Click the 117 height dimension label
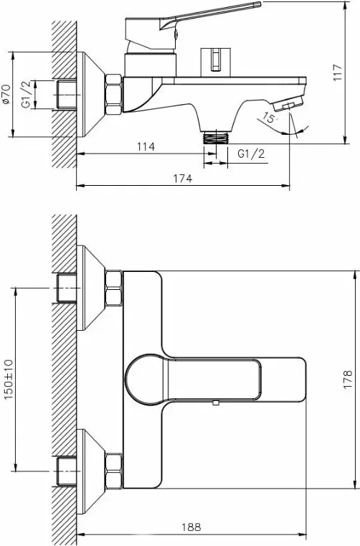(337, 72)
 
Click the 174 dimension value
(183, 179)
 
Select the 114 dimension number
(146, 146)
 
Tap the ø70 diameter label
(6, 94)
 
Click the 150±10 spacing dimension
(9, 380)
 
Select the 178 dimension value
(348, 380)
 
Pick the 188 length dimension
(191, 527)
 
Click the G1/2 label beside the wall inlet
(28, 95)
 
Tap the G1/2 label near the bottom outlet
(251, 154)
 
